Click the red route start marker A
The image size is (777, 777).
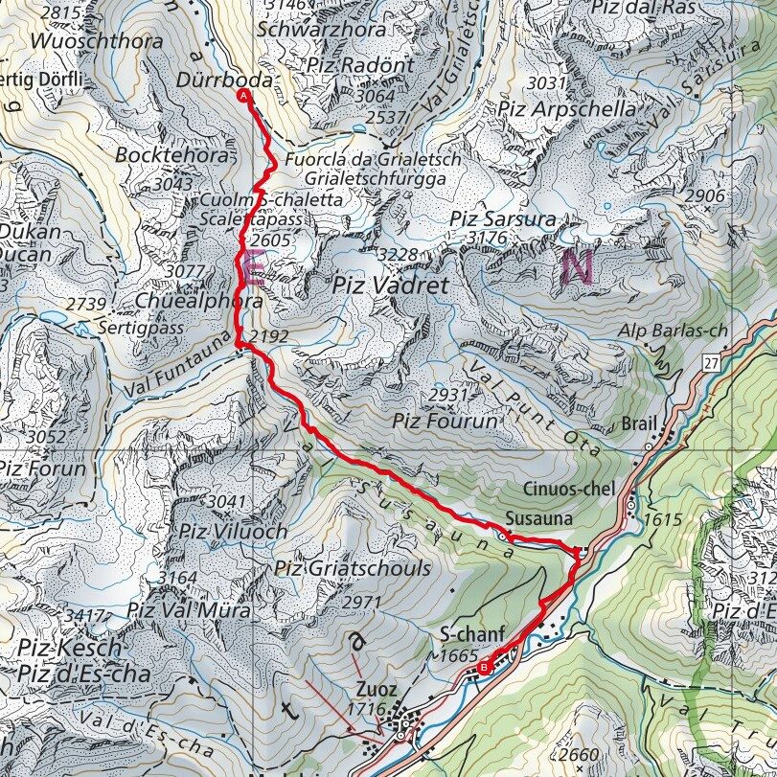pos(243,96)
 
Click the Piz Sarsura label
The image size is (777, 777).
pos(502,219)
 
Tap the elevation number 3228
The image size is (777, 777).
pos(398,254)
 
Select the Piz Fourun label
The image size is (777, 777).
pos(445,420)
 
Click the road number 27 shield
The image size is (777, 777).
pos(709,361)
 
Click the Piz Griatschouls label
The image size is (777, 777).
pos(352,568)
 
